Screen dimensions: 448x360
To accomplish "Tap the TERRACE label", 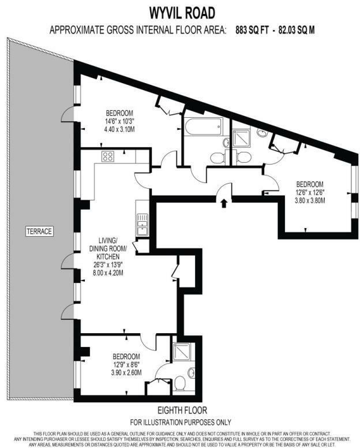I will click(39, 232).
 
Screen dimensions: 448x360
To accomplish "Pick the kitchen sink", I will click(142, 223).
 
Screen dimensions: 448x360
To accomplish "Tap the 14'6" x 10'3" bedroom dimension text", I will click(119, 121).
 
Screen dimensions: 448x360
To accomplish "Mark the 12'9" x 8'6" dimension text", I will click(126, 365).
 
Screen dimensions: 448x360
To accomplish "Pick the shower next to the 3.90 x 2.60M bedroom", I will click(181, 353).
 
